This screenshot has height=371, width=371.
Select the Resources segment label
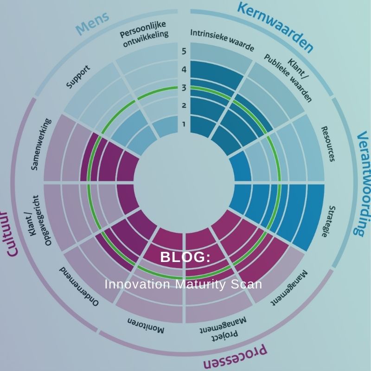coord(328,144)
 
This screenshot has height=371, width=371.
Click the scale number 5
coord(184,51)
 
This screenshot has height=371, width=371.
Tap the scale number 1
coord(184,124)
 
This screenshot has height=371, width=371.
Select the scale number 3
coord(184,88)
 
